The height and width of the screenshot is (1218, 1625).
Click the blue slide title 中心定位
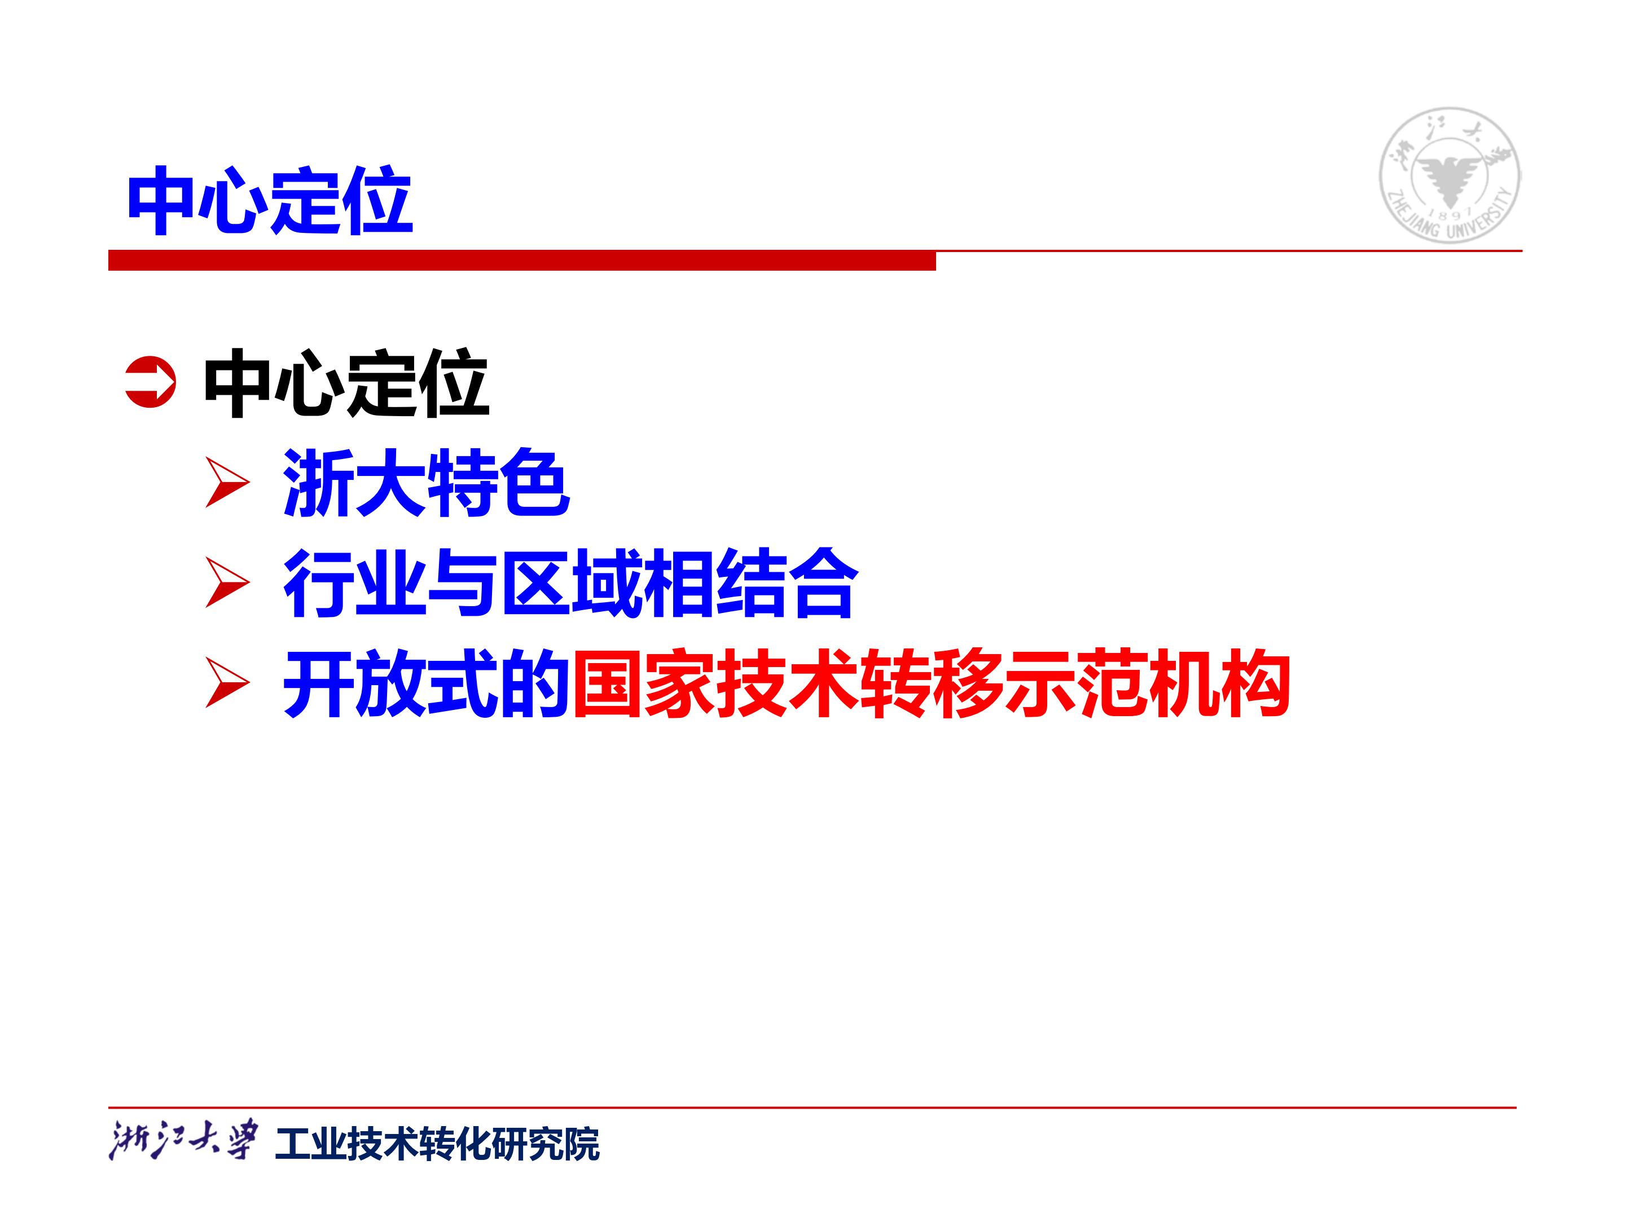click(270, 200)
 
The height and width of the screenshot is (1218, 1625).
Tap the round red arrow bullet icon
click(151, 382)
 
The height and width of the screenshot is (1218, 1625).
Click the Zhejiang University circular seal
click(1450, 175)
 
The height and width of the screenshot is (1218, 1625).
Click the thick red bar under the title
click(521, 261)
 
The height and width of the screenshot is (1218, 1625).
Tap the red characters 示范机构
click(1147, 683)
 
